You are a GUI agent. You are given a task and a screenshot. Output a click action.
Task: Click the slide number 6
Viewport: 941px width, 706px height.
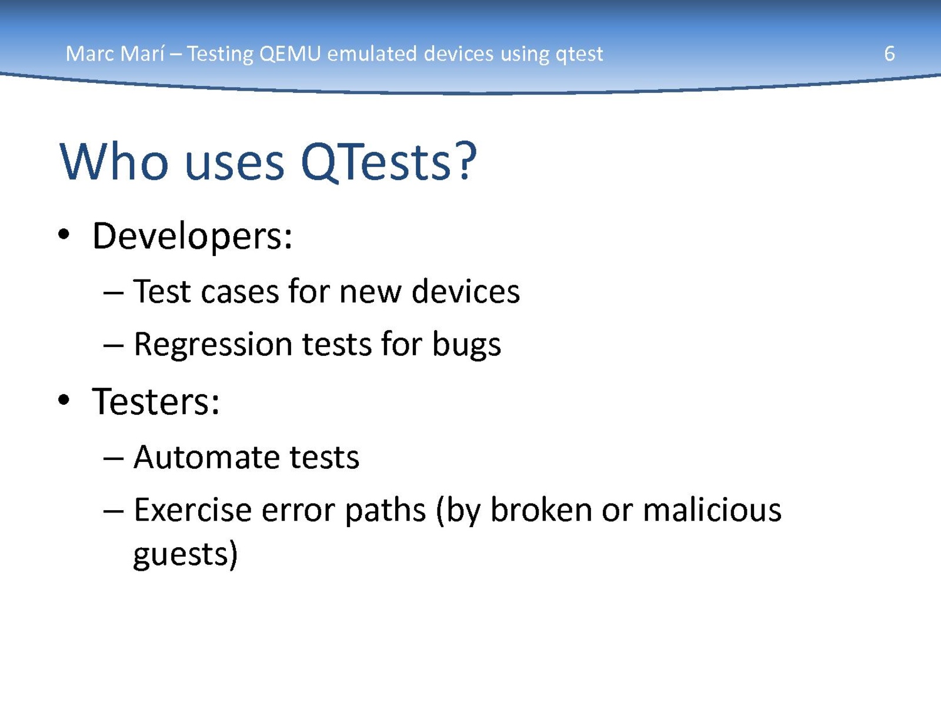889,54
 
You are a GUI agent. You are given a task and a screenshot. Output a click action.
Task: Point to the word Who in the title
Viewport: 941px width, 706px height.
114,162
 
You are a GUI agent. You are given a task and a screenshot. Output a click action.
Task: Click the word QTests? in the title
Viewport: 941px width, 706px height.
388,162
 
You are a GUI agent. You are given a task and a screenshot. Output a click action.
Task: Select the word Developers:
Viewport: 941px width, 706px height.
192,237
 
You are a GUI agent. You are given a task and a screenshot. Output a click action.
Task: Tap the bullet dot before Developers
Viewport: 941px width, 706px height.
64,235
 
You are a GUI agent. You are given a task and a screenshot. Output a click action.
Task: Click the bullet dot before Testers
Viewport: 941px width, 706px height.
64,399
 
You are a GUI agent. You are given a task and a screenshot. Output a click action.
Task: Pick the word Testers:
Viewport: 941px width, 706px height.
156,402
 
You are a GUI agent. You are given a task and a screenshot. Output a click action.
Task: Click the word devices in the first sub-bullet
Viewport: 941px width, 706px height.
466,291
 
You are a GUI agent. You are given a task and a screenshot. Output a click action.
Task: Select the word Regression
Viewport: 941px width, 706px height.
213,345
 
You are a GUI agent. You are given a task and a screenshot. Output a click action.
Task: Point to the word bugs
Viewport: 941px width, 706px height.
466,345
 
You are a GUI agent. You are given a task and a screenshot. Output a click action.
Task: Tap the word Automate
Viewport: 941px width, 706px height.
207,457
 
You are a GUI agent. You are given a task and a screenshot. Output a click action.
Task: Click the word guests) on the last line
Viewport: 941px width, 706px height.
185,555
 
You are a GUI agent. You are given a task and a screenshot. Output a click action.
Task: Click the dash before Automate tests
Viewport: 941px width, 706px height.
114,459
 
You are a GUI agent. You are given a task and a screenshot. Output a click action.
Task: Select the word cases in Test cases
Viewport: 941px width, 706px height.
240,292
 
